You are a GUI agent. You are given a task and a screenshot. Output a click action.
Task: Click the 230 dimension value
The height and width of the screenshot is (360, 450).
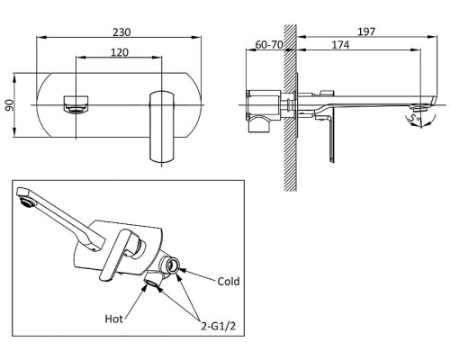(121, 32)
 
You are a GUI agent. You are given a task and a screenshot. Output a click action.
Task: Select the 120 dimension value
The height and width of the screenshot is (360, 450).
(120, 52)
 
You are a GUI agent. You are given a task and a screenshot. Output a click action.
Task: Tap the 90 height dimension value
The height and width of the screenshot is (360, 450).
(10, 105)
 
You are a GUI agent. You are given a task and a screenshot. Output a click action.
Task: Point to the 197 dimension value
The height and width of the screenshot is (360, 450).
(366, 31)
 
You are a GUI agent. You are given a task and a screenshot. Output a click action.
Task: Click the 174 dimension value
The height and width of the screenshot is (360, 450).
(340, 45)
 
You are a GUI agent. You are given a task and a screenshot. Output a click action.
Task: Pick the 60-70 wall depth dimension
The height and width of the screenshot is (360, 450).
(269, 45)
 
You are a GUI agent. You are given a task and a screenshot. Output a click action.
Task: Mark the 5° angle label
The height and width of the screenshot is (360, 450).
(415, 118)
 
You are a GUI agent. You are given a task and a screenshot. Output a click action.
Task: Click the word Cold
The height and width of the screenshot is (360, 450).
(229, 282)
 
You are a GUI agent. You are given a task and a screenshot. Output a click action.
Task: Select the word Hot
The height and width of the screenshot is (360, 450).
(114, 319)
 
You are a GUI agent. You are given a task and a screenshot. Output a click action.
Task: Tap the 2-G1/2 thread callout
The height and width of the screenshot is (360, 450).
(218, 326)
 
